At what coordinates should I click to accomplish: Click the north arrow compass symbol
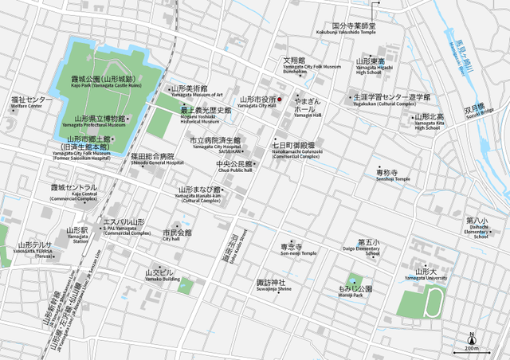[x=472, y=336]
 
